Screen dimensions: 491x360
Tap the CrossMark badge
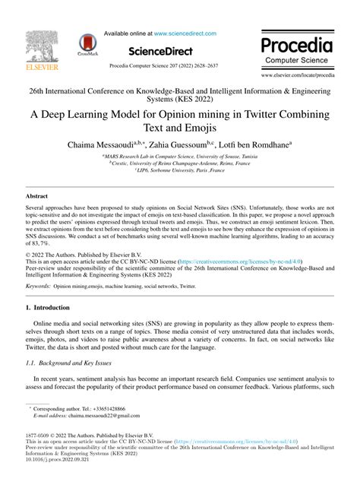click(88, 48)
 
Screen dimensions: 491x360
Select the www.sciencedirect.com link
click(185, 33)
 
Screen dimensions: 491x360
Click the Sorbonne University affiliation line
click(181, 172)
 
